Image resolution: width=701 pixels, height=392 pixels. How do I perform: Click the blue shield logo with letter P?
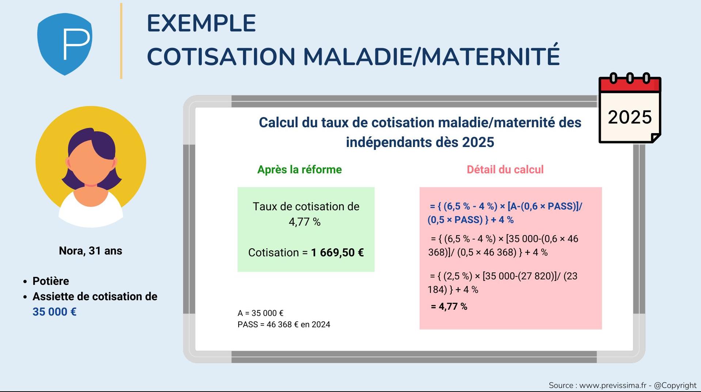point(65,44)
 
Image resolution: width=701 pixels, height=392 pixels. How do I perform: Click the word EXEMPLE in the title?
point(201,23)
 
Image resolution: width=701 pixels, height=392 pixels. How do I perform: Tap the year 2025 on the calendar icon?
point(630,117)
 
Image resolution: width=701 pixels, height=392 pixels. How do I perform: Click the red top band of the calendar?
point(630,84)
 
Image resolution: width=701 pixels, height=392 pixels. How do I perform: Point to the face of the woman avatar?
point(91,163)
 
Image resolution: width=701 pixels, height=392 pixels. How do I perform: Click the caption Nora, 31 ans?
point(91,251)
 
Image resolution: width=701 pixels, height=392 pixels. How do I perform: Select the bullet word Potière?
point(51,281)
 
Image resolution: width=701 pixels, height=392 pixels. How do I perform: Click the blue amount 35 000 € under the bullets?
point(54,312)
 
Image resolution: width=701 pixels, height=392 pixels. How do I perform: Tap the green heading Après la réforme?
point(300,169)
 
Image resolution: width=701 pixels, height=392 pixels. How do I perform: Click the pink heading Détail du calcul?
point(505,169)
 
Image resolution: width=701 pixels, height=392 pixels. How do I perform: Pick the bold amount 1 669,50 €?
point(337,253)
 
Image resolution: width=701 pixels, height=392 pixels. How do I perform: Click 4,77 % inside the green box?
point(304,222)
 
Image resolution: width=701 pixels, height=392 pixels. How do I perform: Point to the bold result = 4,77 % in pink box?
point(449,306)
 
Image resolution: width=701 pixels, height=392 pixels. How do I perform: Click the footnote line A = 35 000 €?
point(261,313)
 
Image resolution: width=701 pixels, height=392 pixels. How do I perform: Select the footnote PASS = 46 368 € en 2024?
point(284,324)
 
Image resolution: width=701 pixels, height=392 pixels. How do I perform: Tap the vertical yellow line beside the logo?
point(121,41)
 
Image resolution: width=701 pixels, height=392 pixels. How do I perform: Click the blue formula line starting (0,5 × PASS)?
point(471,220)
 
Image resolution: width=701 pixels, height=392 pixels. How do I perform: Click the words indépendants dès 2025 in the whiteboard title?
point(420,142)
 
